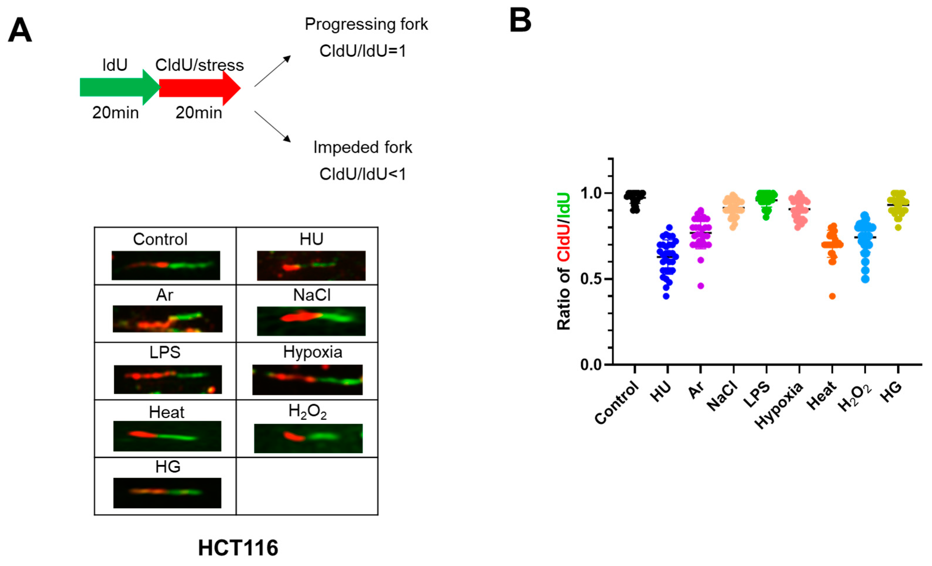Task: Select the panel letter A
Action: point(20,30)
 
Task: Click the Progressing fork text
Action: point(366,24)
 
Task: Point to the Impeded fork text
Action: point(362,147)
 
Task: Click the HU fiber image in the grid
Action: point(311,266)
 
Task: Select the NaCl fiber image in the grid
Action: point(311,321)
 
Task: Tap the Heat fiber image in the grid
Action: point(167,436)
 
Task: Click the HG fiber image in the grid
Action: point(167,493)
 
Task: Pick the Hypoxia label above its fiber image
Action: point(312,352)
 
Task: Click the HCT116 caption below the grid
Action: point(238,548)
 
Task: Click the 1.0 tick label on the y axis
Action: point(591,193)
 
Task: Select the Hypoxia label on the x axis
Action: point(779,405)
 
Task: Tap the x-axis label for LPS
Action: point(756,395)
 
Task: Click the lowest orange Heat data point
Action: point(832,296)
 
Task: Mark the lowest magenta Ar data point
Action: point(700,286)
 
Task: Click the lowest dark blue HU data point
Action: point(666,296)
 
